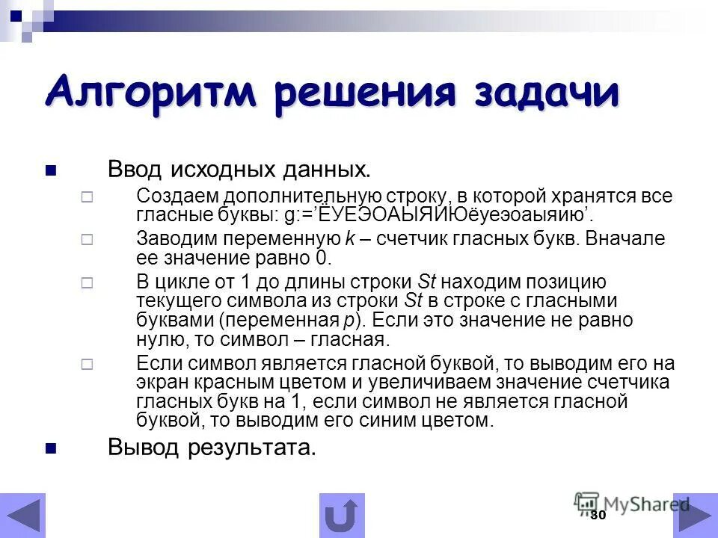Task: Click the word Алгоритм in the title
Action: pyautogui.click(x=150, y=92)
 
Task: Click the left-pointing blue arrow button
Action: pyautogui.click(x=23, y=516)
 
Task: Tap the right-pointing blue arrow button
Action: pyautogui.click(x=696, y=516)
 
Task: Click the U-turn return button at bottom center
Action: pyautogui.click(x=342, y=516)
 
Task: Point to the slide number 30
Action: pyautogui.click(x=597, y=516)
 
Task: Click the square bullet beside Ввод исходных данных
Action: pyautogui.click(x=51, y=170)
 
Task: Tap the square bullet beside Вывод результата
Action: pyautogui.click(x=51, y=448)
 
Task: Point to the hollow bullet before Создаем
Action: pyautogui.click(x=86, y=198)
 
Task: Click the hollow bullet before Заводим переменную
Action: pyautogui.click(x=86, y=240)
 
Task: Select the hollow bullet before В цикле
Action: pyautogui.click(x=86, y=283)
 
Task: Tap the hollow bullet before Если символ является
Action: pyautogui.click(x=86, y=364)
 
